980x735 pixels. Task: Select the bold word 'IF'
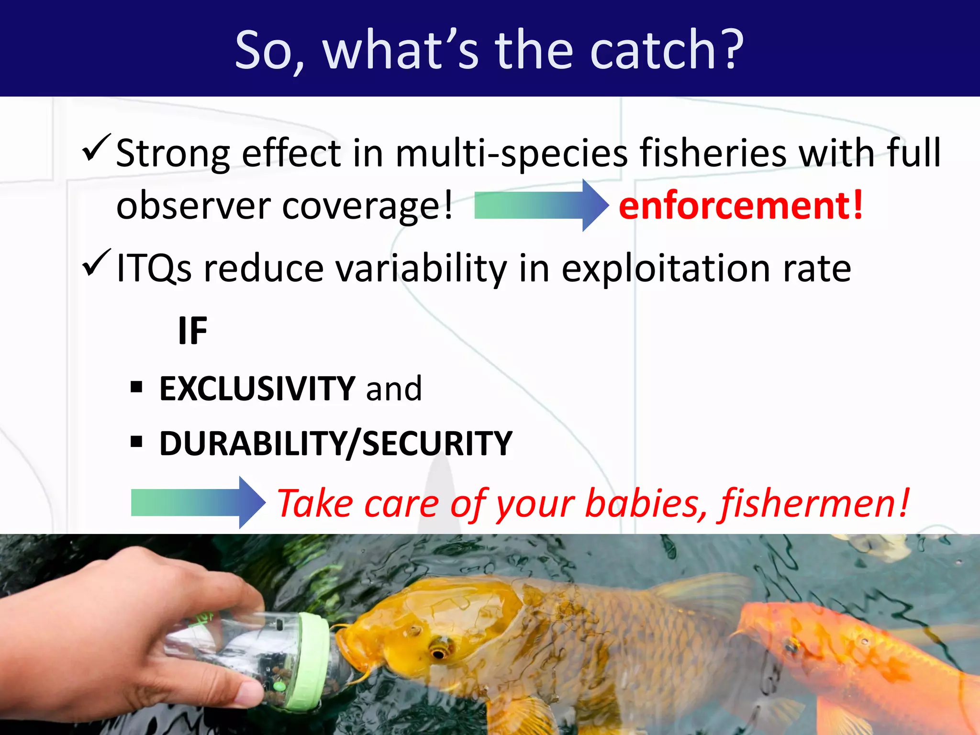192,331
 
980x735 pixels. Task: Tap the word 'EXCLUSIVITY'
257,389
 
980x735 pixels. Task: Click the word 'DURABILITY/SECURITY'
335,444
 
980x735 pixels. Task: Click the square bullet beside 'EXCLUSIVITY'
136,387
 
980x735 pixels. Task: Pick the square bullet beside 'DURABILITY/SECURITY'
136,442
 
